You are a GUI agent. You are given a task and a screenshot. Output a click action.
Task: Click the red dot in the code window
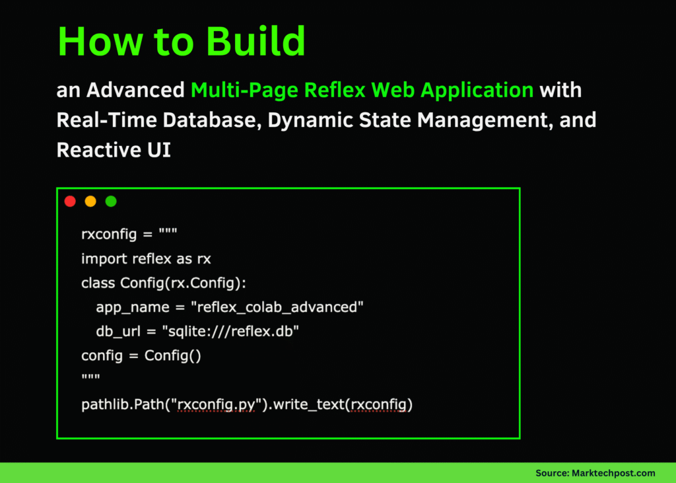pos(70,202)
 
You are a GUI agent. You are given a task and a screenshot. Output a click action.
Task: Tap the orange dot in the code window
pos(90,202)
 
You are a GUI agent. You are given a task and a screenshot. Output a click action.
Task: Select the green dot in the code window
pos(111,202)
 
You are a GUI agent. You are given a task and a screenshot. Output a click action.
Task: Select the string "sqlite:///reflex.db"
pos(234,331)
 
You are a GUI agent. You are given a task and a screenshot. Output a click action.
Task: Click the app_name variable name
pos(123,307)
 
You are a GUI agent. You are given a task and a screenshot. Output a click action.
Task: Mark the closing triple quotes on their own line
pos(90,377)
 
